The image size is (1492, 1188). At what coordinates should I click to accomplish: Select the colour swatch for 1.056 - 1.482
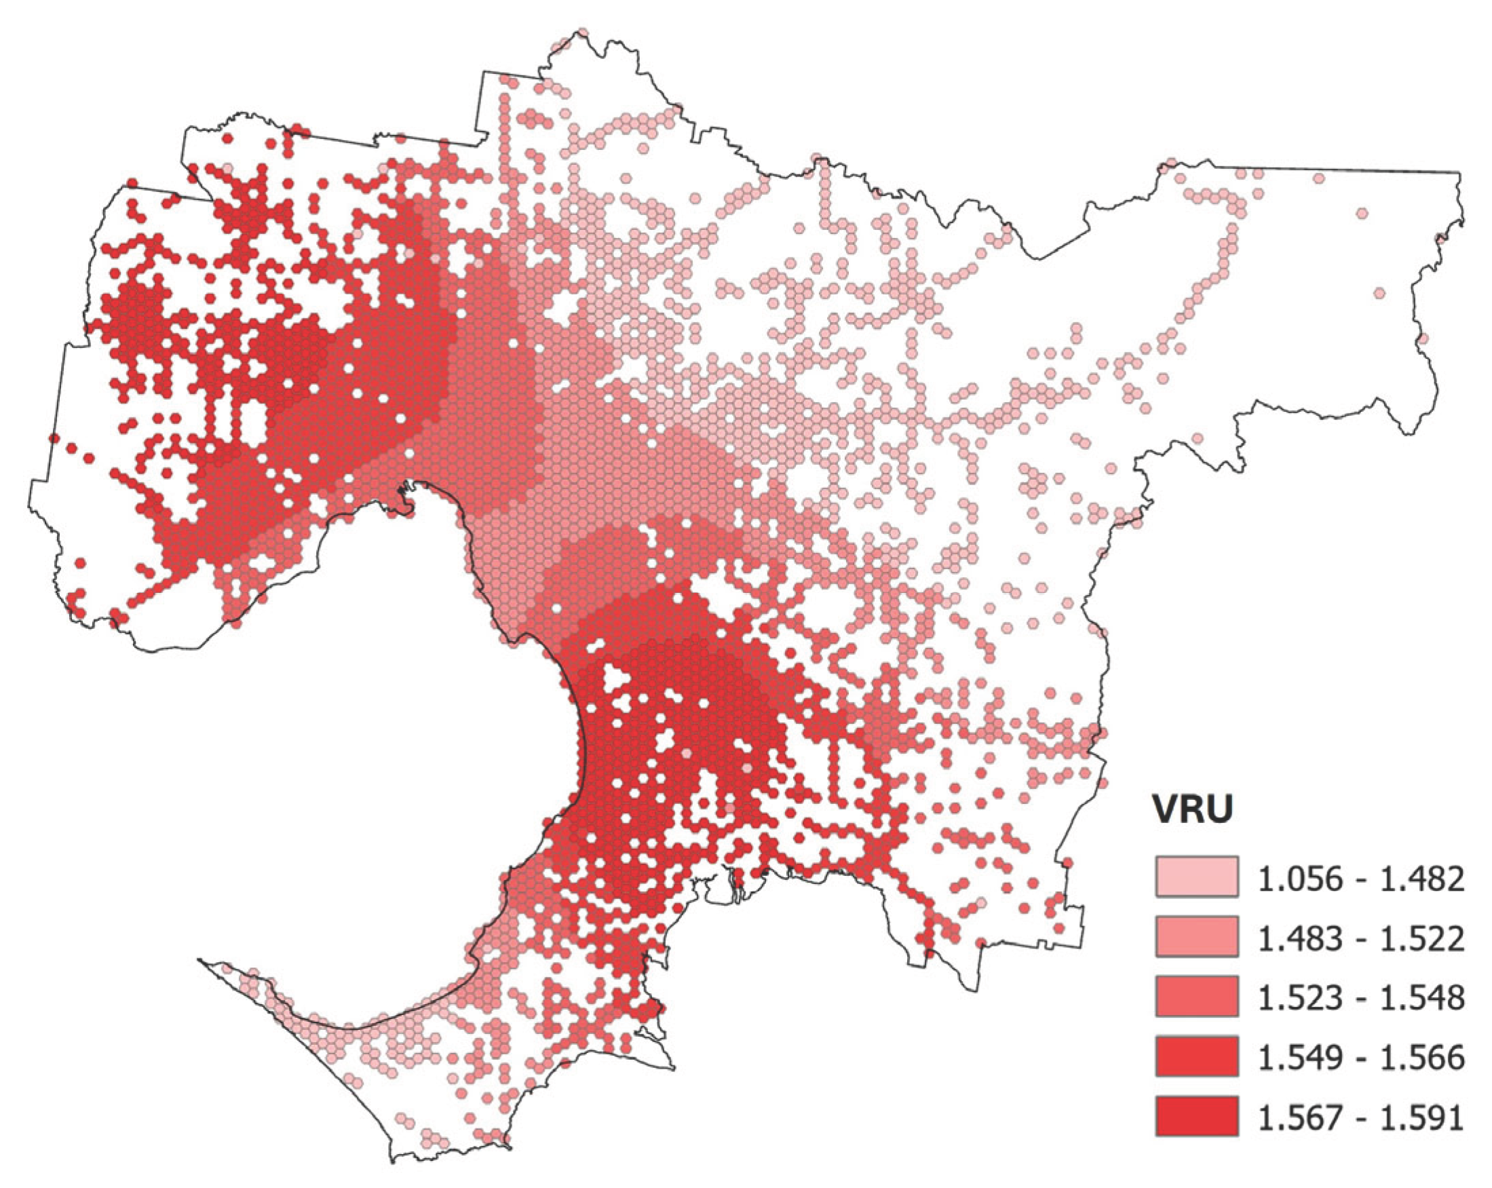click(x=1196, y=877)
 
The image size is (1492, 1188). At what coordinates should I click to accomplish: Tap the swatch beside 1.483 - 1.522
click(x=1196, y=936)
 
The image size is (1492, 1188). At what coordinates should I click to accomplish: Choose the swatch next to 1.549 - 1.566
click(x=1196, y=1055)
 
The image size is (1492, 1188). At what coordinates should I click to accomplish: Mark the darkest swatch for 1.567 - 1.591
click(x=1196, y=1115)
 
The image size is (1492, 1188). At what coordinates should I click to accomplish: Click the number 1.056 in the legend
click(x=1293, y=879)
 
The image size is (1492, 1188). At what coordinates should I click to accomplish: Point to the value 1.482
click(x=1426, y=879)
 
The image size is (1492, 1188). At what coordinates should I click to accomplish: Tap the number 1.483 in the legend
click(x=1293, y=938)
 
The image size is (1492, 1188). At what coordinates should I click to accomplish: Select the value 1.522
click(x=1426, y=938)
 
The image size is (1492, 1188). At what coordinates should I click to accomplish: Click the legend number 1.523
click(x=1293, y=998)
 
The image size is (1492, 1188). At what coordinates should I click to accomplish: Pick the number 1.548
click(x=1426, y=998)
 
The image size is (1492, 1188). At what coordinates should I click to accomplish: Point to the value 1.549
click(x=1293, y=1057)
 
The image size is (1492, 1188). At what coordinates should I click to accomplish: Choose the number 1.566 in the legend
click(x=1426, y=1057)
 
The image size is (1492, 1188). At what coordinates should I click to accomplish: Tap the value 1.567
click(x=1293, y=1117)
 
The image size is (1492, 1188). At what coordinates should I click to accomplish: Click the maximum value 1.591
click(x=1426, y=1117)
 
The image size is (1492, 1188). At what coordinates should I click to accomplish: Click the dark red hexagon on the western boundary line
click(x=54, y=438)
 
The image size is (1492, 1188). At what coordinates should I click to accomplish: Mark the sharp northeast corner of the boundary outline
click(x=1460, y=172)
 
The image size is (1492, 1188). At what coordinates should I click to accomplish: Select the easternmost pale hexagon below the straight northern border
click(x=1318, y=178)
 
